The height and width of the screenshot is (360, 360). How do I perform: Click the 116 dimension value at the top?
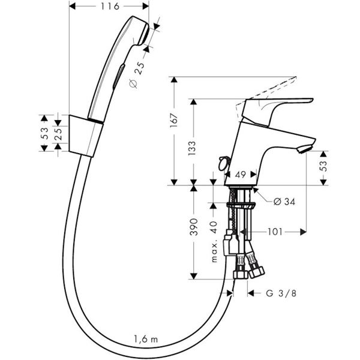point(109,6)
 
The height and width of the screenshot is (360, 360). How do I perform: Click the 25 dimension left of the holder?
point(58,133)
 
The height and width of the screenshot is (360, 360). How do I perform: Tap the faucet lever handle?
point(282,106)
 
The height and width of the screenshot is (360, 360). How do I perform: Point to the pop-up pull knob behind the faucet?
point(223,162)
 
